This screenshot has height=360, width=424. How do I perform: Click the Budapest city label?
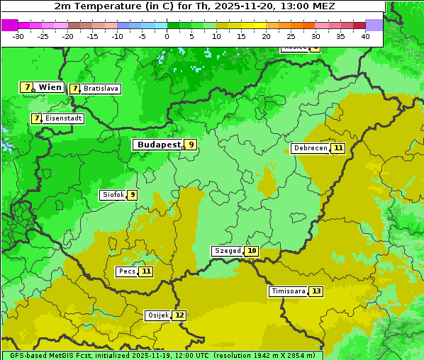(x=159, y=145)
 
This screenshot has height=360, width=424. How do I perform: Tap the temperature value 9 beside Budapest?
(x=190, y=145)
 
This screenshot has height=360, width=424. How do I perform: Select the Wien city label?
(x=50, y=87)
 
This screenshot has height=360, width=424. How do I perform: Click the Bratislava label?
(x=100, y=89)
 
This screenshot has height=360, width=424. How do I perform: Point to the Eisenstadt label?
(x=63, y=118)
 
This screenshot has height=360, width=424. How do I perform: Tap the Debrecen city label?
(x=310, y=148)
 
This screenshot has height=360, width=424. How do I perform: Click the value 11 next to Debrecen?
(x=338, y=148)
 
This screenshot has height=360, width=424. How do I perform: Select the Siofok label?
(x=113, y=195)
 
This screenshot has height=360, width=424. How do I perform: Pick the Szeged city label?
(x=228, y=251)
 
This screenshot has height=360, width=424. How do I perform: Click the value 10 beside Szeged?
(x=252, y=251)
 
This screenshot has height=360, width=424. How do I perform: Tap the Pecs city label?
(x=127, y=271)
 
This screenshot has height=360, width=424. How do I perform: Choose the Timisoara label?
(x=288, y=291)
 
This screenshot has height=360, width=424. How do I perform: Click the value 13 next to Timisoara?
(x=316, y=291)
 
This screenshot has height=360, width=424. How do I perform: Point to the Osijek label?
(x=157, y=315)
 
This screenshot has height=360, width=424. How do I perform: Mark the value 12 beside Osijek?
(x=179, y=315)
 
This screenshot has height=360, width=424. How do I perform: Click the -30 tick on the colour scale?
(x=18, y=36)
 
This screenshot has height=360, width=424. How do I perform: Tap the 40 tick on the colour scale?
(x=365, y=36)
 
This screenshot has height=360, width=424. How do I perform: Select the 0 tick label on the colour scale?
(x=167, y=36)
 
